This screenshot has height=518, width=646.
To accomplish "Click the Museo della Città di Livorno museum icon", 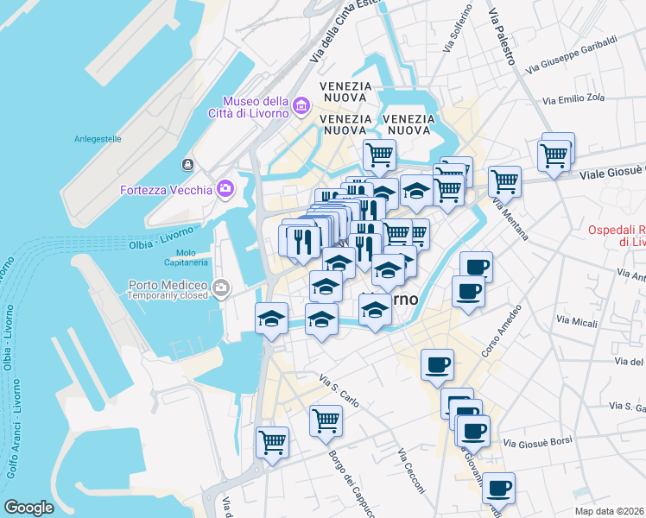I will click(x=301, y=106).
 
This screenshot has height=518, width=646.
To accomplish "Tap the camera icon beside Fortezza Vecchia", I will click(x=225, y=188).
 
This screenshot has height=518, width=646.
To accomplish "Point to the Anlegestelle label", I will click(x=98, y=138).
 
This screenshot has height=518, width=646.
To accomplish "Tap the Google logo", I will click(x=28, y=507).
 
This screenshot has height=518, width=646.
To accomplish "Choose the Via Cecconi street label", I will click(x=411, y=471).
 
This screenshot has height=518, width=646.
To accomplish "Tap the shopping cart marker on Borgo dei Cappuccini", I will click(x=326, y=420).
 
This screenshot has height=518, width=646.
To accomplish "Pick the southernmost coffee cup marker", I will click(x=498, y=488).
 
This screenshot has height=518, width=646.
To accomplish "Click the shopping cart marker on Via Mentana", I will click(x=504, y=181).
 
